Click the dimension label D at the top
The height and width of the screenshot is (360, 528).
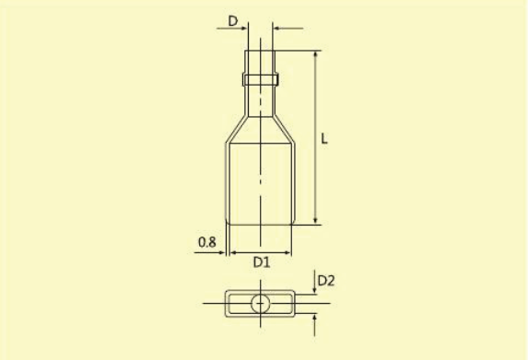point(233,21)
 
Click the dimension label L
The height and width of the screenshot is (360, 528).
point(324,139)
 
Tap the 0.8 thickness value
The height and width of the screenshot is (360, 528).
point(206,242)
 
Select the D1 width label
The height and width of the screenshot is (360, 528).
point(262,262)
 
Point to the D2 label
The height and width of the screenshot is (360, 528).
point(326,281)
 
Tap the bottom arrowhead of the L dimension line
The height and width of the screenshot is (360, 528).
point(315,220)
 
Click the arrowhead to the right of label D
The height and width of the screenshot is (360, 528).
point(244,29)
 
